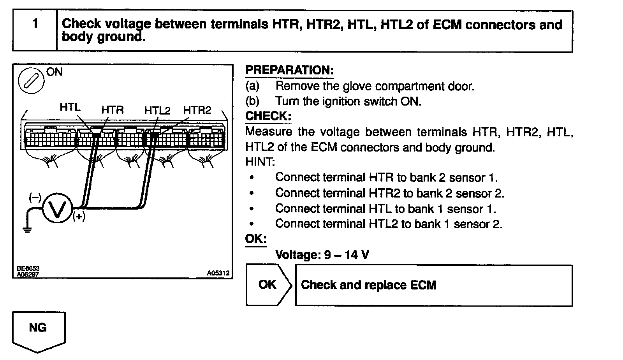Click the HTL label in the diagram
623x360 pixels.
pyautogui.click(x=70, y=107)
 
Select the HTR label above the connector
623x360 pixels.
pyautogui.click(x=112, y=110)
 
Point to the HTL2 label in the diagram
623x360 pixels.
pyautogui.click(x=157, y=110)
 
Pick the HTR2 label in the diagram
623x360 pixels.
pyautogui.click(x=197, y=110)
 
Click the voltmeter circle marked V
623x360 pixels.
pyautogui.click(x=57, y=209)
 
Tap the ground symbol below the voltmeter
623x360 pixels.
pyautogui.click(x=27, y=229)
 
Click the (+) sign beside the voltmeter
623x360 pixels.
pyautogui.click(x=79, y=217)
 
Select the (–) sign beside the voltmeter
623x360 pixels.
pyautogui.click(x=35, y=198)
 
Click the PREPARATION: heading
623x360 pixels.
pyautogui.click(x=289, y=71)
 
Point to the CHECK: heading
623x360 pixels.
pyautogui.click(x=268, y=116)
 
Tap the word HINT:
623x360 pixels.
pyautogui.click(x=260, y=162)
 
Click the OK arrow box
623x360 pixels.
pyautogui.click(x=268, y=285)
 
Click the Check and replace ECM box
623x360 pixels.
pyautogui.click(x=433, y=285)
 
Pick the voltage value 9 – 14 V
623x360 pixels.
pyautogui.click(x=347, y=255)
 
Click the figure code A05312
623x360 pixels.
pyautogui.click(x=218, y=274)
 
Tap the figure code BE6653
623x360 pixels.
pyautogui.click(x=28, y=269)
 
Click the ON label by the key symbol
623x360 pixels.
pyautogui.click(x=54, y=72)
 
